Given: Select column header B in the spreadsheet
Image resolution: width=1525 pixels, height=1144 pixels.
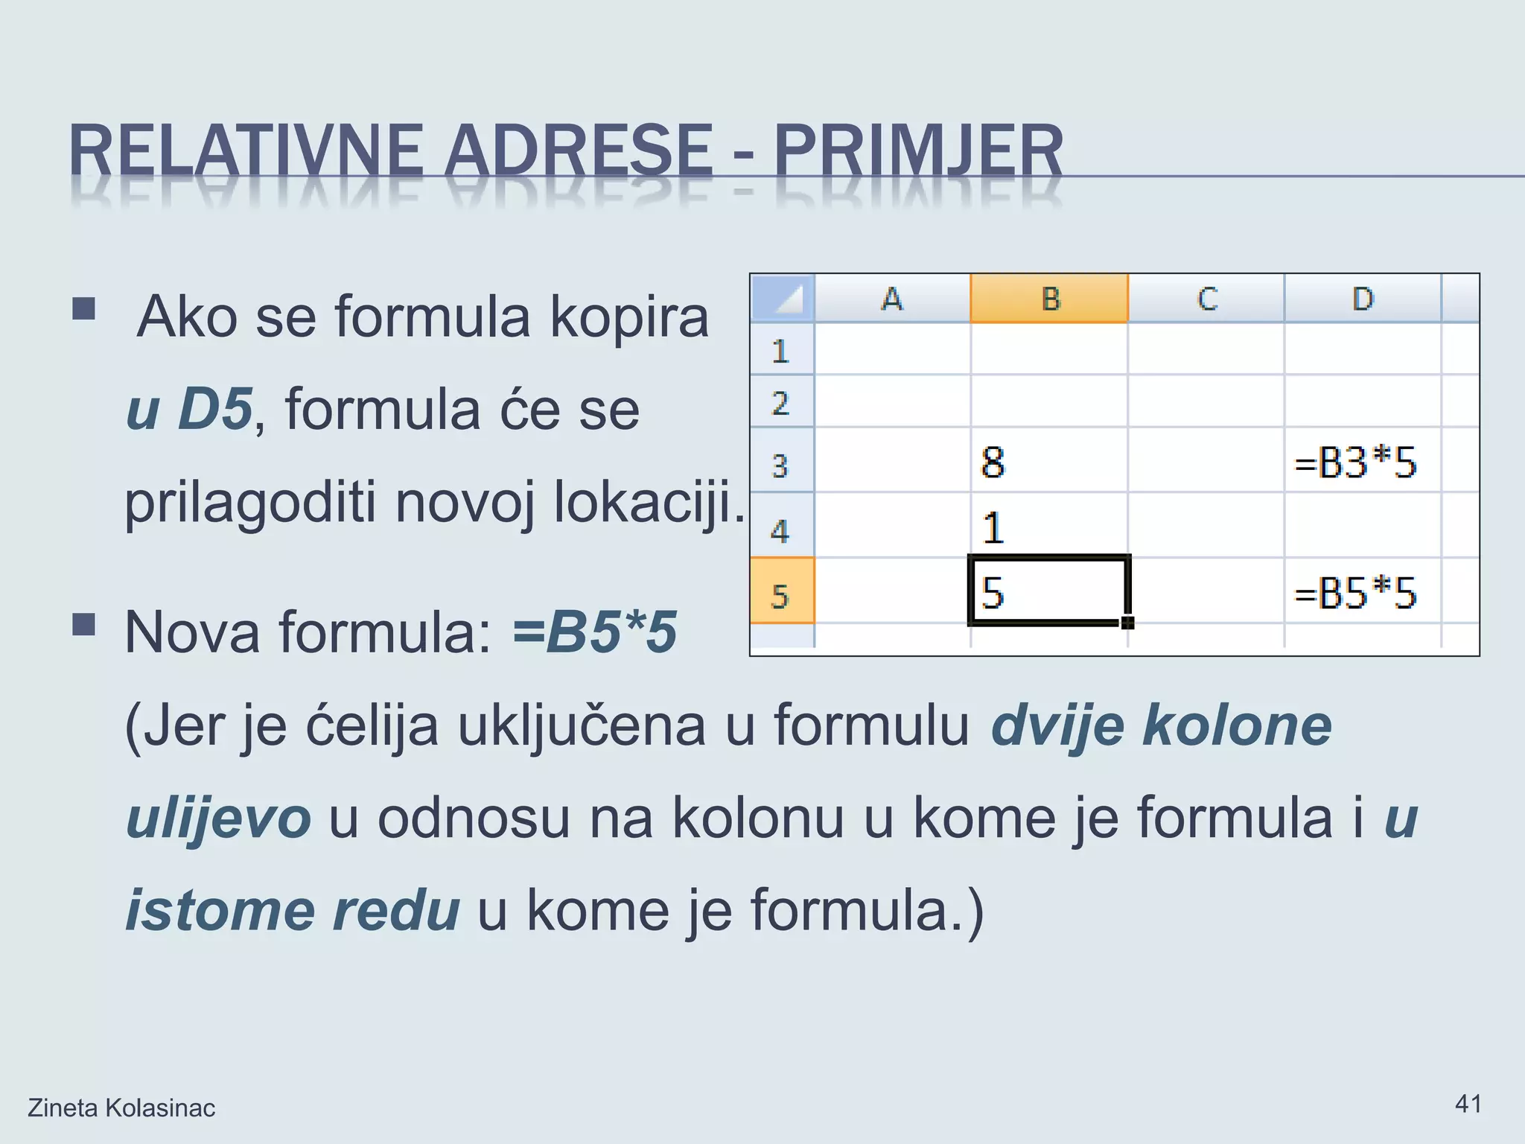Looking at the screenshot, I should coord(1049,299).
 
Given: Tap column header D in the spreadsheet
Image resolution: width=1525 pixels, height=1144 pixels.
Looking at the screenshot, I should coord(1362,299).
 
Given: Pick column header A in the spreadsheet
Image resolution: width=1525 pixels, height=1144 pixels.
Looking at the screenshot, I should coord(892,299).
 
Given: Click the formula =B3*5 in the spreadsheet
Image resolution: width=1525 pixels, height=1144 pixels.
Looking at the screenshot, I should coord(1355,463).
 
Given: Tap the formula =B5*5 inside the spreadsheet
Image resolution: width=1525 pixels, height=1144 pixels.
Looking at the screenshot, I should coord(1355,594).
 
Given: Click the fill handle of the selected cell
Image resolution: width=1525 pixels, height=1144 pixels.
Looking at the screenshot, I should coord(1127,622).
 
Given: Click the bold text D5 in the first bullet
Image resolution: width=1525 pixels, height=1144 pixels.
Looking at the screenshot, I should coord(214,409).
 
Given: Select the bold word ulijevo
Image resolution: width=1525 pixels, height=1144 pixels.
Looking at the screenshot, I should coord(218,818).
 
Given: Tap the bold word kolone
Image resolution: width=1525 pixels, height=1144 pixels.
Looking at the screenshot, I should coord(1237,725).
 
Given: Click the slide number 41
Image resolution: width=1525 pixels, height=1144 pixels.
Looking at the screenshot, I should coord(1468,1103).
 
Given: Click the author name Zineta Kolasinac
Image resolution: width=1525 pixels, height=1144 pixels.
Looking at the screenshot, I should coord(121,1108).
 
